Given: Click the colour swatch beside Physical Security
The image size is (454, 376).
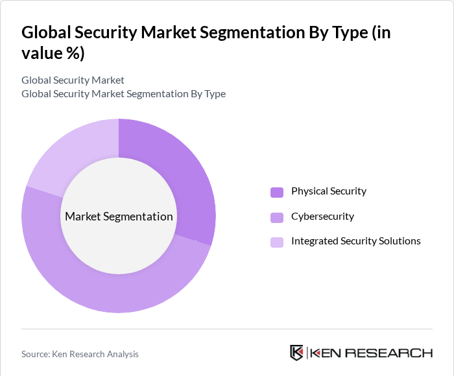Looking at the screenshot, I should tap(277, 192).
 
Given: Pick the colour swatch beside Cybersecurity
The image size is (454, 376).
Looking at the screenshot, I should tap(277, 217).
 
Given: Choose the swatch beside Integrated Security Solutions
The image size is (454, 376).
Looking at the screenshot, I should tap(277, 242).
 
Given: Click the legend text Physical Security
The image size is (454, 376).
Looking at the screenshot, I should tap(328, 191).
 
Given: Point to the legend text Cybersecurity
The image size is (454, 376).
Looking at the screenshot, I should tap(322, 217).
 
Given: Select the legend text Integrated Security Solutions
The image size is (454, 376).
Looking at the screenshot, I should tap(355, 241).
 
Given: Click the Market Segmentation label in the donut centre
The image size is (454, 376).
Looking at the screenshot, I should tap(119, 217).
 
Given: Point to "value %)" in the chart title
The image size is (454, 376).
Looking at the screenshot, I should tap(53, 54).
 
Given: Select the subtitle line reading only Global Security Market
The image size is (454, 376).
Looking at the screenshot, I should tap(73, 80).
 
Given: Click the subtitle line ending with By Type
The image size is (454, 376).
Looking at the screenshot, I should tap(123, 94).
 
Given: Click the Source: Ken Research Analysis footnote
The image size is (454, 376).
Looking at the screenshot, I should tap(80, 354).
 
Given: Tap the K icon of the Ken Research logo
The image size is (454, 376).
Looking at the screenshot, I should tap(296, 353).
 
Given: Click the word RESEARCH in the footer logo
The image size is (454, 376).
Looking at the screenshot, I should tap(388, 353).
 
